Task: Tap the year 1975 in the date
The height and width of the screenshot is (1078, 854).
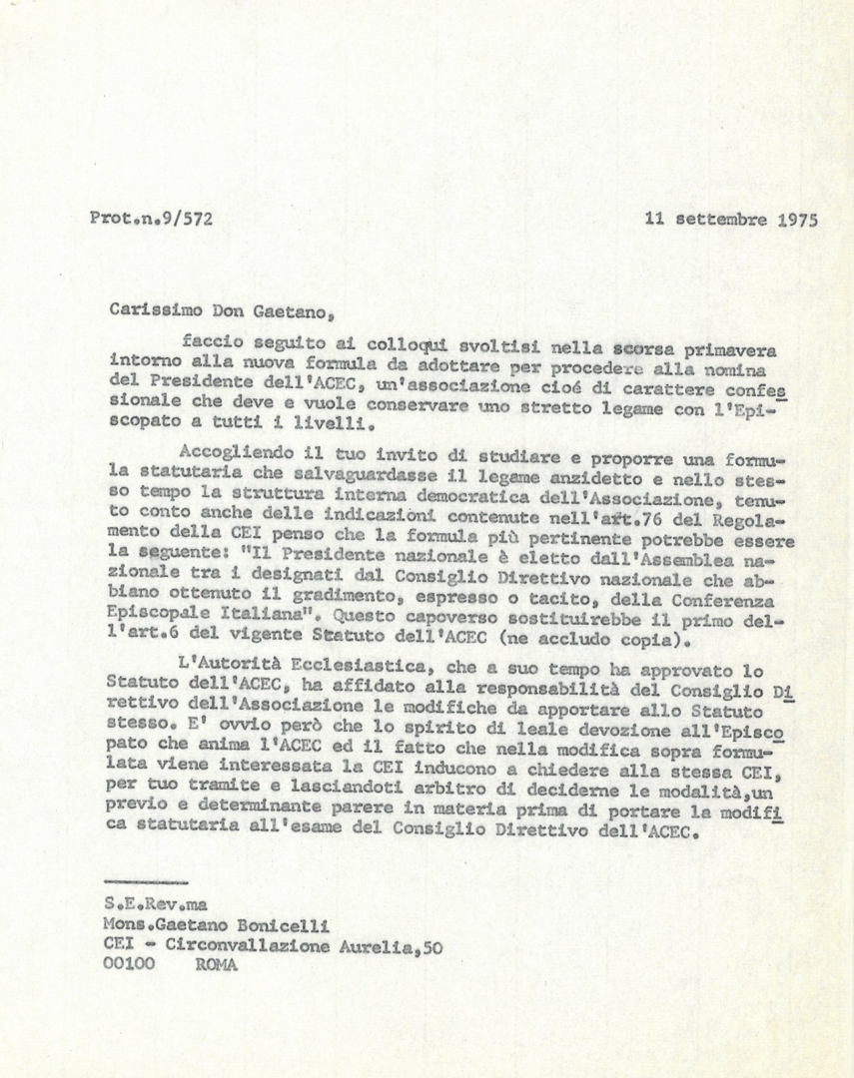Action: click(796, 220)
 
